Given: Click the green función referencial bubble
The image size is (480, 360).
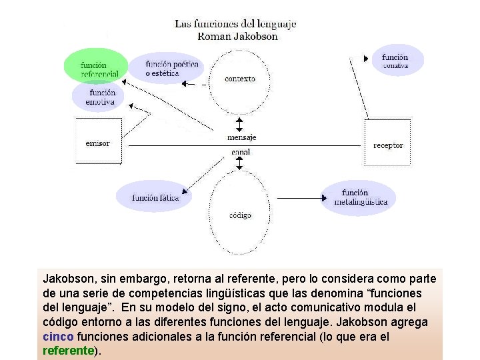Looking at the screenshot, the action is pyautogui.click(x=96, y=67).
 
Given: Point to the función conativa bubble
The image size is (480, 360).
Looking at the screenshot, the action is pyautogui.click(x=397, y=61).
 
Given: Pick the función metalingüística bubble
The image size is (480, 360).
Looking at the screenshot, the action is pyautogui.click(x=360, y=197).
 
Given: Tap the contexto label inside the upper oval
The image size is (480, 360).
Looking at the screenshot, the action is pyautogui.click(x=240, y=79).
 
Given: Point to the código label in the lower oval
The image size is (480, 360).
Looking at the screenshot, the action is pyautogui.click(x=240, y=215).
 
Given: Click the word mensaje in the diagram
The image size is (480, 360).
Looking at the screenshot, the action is pyautogui.click(x=241, y=137).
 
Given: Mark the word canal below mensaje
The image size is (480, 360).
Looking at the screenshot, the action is pyautogui.click(x=240, y=153).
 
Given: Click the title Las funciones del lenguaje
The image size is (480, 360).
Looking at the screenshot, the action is pyautogui.click(x=235, y=24).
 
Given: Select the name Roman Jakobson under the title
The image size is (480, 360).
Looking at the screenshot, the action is pyautogui.click(x=238, y=37).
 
